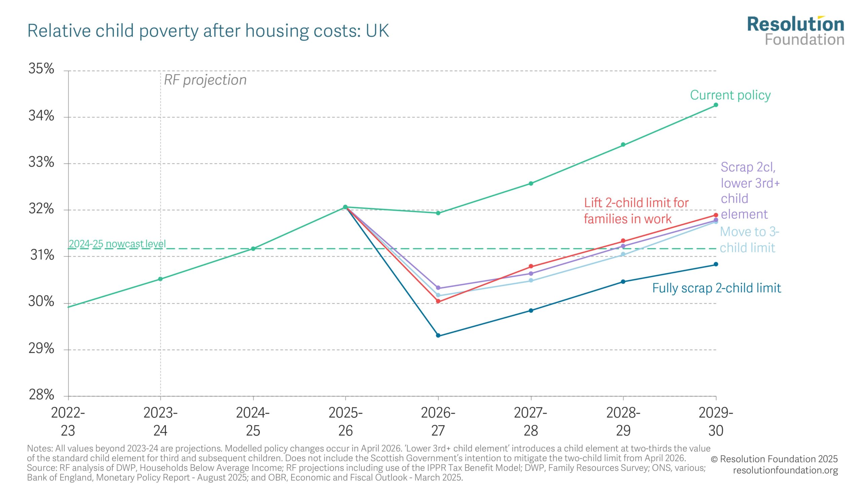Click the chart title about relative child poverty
[x=208, y=31]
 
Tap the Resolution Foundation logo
[x=795, y=31]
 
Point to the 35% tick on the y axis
[x=41, y=69]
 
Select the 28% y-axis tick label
[x=41, y=395]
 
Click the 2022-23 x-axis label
[x=68, y=421]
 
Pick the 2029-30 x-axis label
[x=716, y=421]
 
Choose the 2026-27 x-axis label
[x=438, y=421]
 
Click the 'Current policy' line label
[x=730, y=95]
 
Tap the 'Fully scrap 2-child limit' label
[x=716, y=288]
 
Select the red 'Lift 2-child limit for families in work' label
[x=636, y=211]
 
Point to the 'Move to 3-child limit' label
[x=749, y=240]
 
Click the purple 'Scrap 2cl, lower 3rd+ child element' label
[x=749, y=191]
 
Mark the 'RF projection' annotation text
[x=205, y=80]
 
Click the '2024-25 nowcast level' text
[x=117, y=244]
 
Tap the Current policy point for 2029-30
[x=716, y=105]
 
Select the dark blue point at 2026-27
[x=438, y=335]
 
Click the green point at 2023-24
[x=160, y=279]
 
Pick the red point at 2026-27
[x=438, y=301]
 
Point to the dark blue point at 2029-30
[x=716, y=264]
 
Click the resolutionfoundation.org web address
[x=785, y=470]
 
